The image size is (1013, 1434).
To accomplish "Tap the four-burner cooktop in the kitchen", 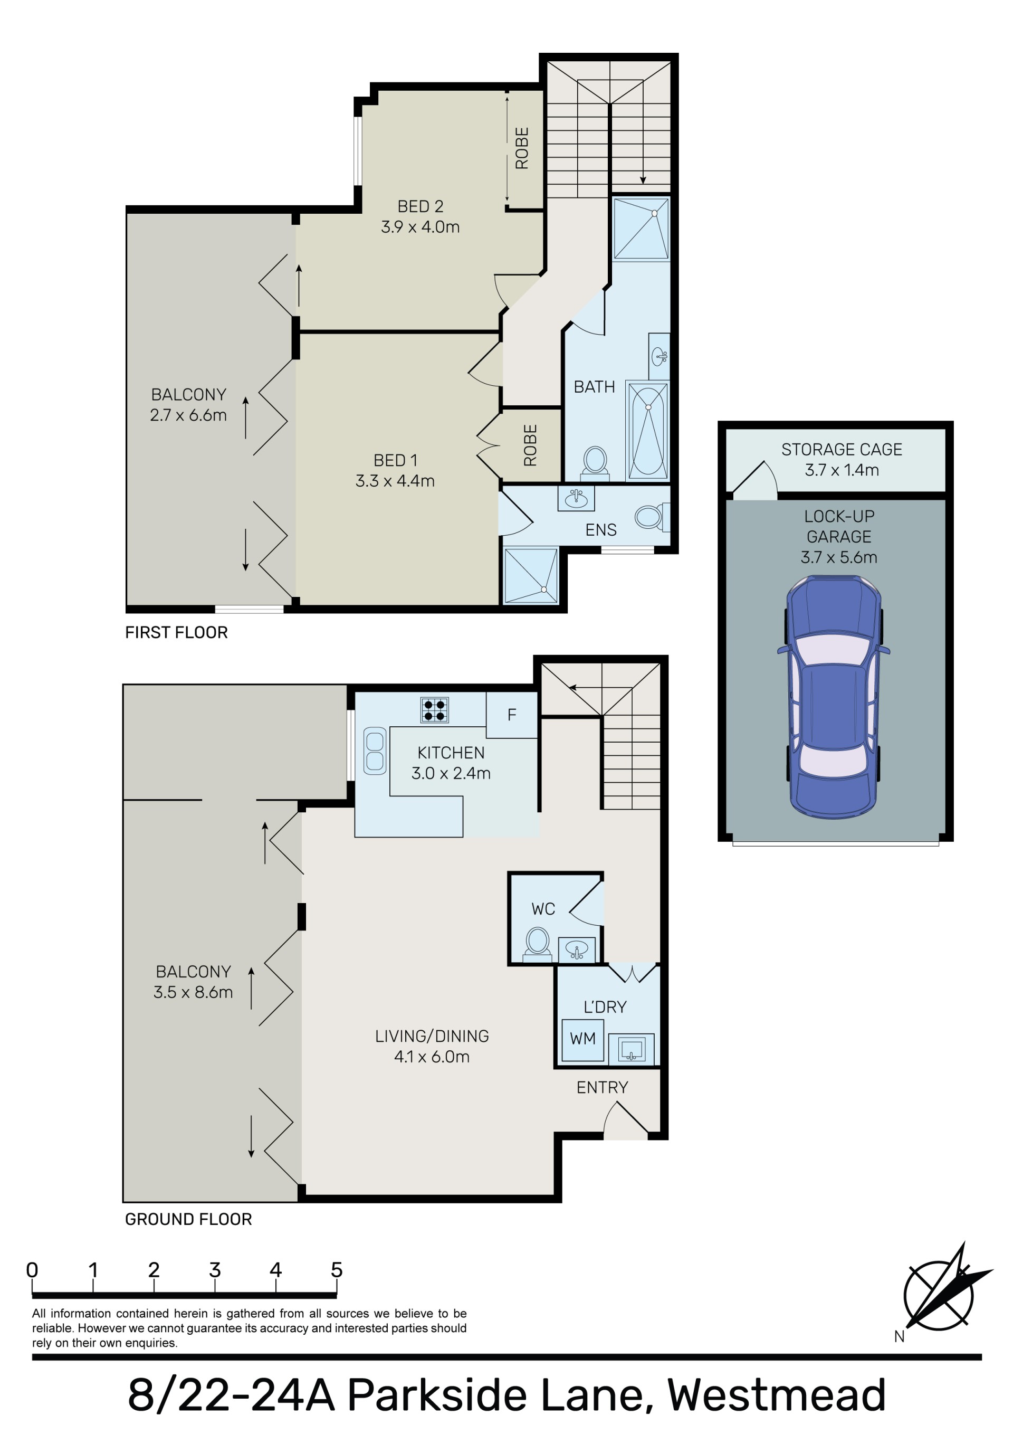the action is [435, 710].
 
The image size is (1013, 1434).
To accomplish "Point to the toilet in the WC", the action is [537, 943].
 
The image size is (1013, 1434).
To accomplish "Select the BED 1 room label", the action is [395, 470].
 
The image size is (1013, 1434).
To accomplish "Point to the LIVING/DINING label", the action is [432, 1046].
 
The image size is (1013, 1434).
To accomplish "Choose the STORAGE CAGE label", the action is [842, 449].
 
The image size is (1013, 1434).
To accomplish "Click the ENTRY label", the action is [602, 1087].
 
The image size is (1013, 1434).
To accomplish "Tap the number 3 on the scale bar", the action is [215, 1270].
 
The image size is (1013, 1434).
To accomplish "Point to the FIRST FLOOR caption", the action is [176, 633].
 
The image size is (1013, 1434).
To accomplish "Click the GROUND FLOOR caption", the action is [188, 1219].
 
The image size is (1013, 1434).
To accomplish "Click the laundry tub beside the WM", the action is [632, 1048].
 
